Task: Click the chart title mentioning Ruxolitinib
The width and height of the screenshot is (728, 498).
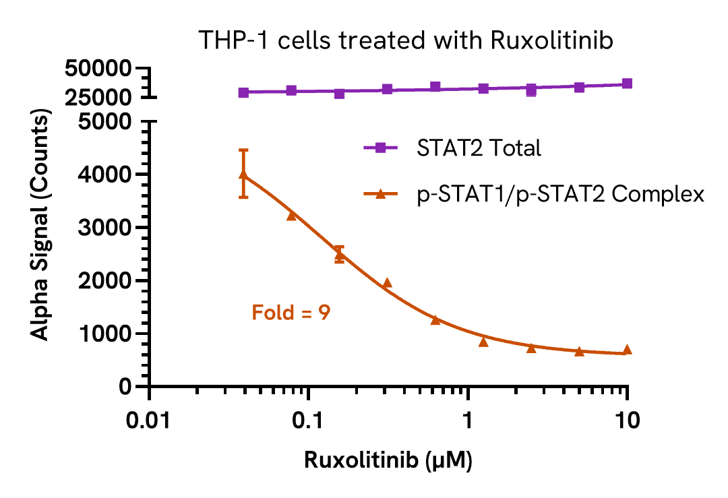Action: tap(406, 40)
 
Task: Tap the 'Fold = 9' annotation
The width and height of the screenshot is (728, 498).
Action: tap(291, 313)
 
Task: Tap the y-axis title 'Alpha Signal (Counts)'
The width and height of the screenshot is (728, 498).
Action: tap(42, 227)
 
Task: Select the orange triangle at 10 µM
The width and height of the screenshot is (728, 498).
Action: tap(627, 350)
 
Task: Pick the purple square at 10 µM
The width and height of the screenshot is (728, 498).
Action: tap(627, 84)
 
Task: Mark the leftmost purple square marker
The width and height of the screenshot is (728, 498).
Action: tap(244, 92)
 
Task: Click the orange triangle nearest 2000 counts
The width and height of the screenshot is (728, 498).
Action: tap(387, 283)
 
